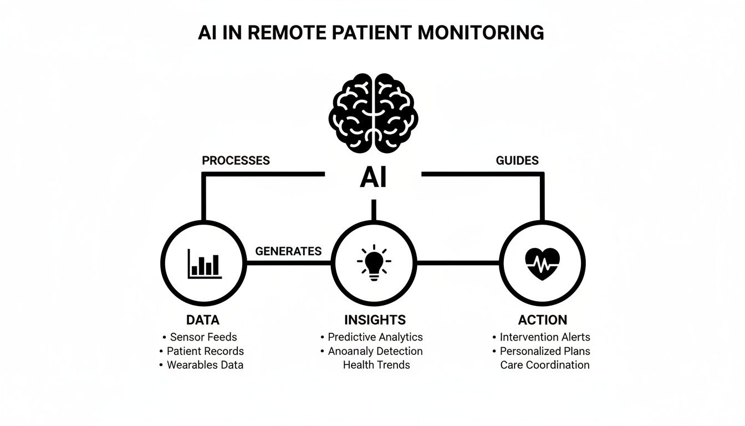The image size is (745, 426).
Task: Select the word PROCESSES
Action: click(x=236, y=161)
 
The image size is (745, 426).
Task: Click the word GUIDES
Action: click(x=517, y=161)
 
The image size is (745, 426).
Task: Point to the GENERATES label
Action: click(x=288, y=251)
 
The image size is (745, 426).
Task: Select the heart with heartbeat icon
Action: click(x=542, y=262)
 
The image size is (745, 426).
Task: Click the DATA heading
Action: click(x=203, y=320)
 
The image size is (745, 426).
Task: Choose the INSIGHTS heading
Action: click(x=375, y=320)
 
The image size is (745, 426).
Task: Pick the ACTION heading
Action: click(x=542, y=320)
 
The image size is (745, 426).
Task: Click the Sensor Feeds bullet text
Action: click(x=203, y=337)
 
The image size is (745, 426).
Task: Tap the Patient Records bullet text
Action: click(x=206, y=351)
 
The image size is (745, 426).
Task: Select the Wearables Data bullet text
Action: click(x=206, y=365)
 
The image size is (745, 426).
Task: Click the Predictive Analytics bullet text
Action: click(x=375, y=337)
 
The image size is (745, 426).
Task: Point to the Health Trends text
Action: click(x=376, y=365)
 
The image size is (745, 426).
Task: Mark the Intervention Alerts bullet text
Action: click(x=545, y=337)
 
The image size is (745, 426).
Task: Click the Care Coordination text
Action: click(x=544, y=365)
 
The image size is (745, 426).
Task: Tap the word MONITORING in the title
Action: click(x=481, y=33)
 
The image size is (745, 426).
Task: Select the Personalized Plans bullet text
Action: click(x=545, y=351)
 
